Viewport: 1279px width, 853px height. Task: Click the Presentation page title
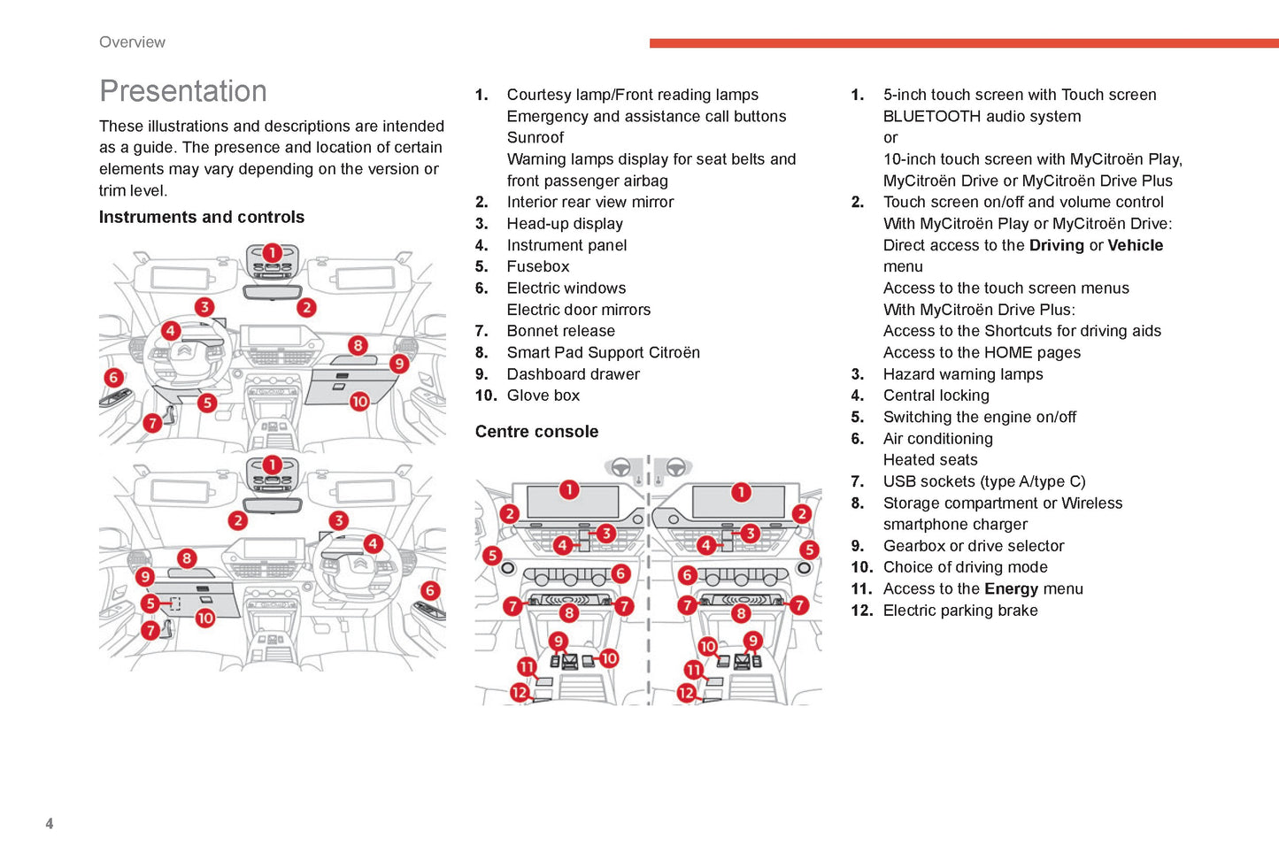coord(182,91)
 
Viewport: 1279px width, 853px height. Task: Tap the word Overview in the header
coord(132,42)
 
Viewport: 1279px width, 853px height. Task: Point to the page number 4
coord(50,823)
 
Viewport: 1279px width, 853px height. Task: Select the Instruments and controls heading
coord(202,217)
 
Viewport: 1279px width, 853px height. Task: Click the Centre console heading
coord(536,431)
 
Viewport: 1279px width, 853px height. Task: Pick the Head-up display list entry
coord(565,224)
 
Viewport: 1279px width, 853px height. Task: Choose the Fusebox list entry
coord(538,266)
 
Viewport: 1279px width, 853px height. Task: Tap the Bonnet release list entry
coord(560,331)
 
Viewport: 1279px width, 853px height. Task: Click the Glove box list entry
coord(543,396)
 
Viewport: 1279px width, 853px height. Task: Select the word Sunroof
coord(535,138)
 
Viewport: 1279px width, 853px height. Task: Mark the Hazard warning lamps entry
coord(963,374)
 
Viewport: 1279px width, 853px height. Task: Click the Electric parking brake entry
coord(960,611)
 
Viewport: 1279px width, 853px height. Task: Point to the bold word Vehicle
coord(1135,245)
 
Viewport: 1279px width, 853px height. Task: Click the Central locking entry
coord(936,396)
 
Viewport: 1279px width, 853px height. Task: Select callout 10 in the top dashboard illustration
coord(359,402)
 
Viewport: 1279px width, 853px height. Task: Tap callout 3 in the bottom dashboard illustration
coord(339,520)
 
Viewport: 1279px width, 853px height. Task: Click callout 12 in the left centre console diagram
coord(520,693)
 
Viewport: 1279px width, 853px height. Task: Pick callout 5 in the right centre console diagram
coord(809,549)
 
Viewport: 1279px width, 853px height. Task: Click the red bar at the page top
coord(964,43)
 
